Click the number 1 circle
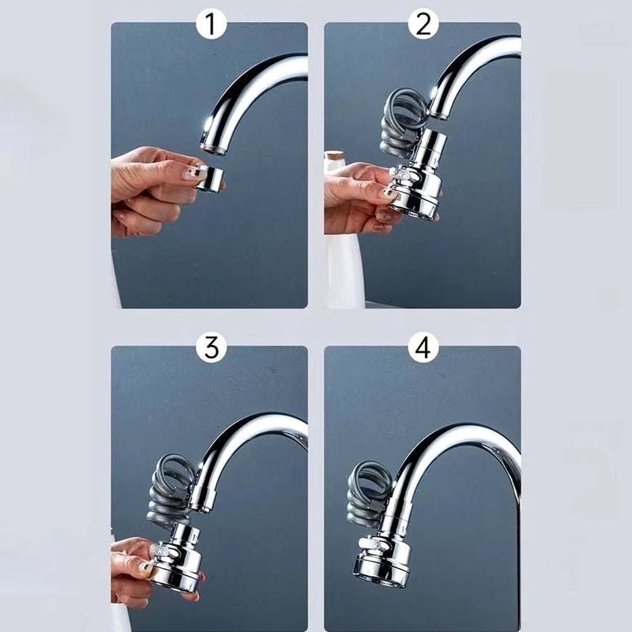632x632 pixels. [x=210, y=25]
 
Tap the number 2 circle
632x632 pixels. [x=423, y=25]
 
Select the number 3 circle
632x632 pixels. [x=211, y=348]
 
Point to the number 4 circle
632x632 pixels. [x=423, y=348]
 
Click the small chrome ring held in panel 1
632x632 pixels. [x=211, y=179]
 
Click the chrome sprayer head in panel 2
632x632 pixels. [x=417, y=190]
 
